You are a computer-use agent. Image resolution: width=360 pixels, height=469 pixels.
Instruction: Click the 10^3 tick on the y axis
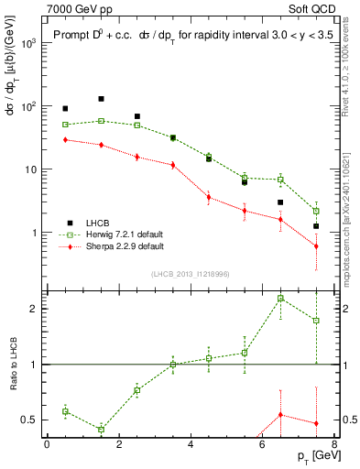point(30,43)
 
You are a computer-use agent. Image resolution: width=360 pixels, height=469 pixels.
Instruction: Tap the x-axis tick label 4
point(191,444)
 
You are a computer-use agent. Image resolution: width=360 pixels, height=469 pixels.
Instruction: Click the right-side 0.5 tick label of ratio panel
point(348,420)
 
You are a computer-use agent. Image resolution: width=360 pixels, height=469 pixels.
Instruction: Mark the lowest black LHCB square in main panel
point(316,226)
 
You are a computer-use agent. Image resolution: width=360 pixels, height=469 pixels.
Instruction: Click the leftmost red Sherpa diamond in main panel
point(65,139)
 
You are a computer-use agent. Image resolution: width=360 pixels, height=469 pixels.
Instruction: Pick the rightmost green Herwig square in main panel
point(316,211)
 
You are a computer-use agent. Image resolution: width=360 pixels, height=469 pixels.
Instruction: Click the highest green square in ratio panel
point(280,299)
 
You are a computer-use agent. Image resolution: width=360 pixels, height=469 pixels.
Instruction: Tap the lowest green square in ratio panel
point(101,430)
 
